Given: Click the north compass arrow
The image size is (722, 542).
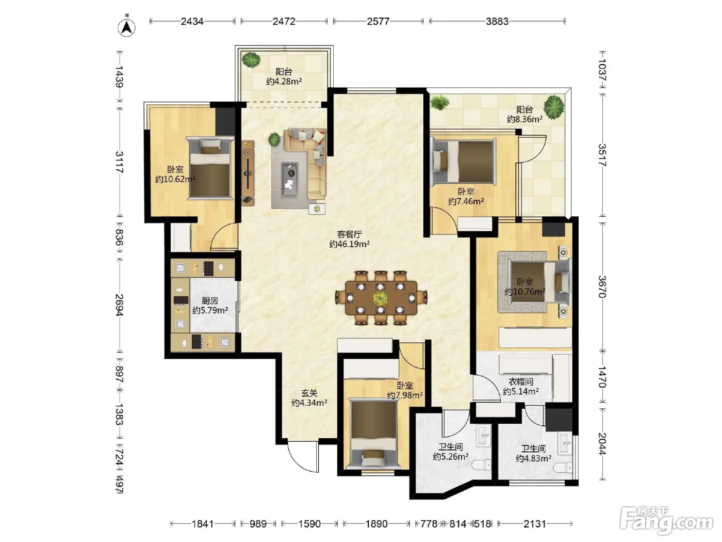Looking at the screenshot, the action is click(127, 27).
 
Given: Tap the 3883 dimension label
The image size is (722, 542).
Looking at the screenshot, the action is click(497, 21).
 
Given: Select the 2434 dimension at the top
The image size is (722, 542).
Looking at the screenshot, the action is click(192, 21).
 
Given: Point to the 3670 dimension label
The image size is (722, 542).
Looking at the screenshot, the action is click(602, 287).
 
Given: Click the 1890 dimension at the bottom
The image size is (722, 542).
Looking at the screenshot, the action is click(376, 523).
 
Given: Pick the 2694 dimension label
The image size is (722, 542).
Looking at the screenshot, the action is click(119, 305).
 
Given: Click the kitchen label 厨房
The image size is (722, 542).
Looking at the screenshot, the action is click(210, 300).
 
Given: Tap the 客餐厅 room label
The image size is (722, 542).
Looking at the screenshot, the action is click(349, 234).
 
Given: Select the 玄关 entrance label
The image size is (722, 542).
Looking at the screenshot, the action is click(309, 393).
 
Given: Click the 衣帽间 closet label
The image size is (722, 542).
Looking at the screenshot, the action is click(521, 382).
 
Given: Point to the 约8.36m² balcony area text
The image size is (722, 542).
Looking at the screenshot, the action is click(524, 119).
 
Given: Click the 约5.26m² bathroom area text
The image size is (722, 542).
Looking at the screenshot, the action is click(451, 457).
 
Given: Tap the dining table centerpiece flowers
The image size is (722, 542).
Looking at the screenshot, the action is click(380, 298).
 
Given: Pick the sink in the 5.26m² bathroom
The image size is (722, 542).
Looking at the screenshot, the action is click(484, 435).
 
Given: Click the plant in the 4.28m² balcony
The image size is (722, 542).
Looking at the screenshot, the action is click(251, 60).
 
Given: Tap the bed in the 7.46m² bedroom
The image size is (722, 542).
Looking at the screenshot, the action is click(463, 161).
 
